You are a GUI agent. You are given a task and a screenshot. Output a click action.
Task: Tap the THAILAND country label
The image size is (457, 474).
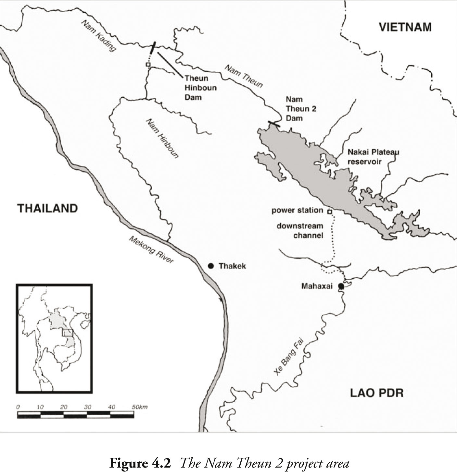(x=48, y=208)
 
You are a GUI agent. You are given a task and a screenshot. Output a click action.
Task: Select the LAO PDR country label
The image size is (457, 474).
(x=376, y=393)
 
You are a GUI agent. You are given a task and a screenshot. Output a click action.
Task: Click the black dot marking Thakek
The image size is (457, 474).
(x=211, y=266)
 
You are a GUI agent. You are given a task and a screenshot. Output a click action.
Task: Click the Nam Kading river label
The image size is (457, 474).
(x=98, y=35)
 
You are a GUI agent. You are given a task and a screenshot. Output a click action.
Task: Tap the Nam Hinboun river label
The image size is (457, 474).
(x=162, y=138)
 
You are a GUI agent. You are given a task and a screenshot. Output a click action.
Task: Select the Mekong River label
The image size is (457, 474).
(x=151, y=249)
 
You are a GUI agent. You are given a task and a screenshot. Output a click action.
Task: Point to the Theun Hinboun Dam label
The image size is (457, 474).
(x=200, y=88)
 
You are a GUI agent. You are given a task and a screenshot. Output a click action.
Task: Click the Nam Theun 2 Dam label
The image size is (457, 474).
(x=301, y=109)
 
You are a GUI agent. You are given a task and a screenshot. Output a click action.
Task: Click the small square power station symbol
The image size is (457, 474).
(x=329, y=212)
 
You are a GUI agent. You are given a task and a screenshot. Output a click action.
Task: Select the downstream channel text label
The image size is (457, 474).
(x=300, y=230)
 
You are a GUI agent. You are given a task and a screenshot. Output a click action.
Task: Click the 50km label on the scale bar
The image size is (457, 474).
(x=140, y=407)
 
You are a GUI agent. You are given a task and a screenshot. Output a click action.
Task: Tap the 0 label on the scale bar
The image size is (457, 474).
(x=18, y=407)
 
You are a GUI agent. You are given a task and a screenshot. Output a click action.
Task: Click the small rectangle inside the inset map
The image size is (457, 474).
(x=67, y=333)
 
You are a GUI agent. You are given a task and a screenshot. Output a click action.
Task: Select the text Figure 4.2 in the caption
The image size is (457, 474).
(x=140, y=463)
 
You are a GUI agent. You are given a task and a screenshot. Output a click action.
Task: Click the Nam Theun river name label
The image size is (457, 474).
(x=244, y=76)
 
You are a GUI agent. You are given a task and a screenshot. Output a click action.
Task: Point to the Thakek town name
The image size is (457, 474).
(x=232, y=266)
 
